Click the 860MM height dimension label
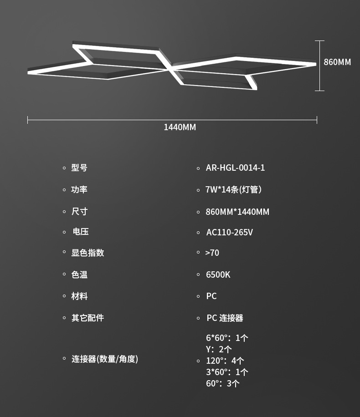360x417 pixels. pos(337,62)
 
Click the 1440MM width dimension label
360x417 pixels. pos(180,127)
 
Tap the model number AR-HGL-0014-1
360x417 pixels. pos(235,168)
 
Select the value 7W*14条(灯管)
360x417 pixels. pos(233,189)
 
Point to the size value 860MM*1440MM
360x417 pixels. pos(237,212)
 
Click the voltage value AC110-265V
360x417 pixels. pos(229,232)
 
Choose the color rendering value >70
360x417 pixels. pos(212,252)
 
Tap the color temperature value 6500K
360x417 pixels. pos(218,275)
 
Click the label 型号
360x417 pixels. pos(79,168)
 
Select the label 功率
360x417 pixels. pos(79,189)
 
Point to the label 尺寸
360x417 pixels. pos(79,211)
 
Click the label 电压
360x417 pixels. pos(81,231)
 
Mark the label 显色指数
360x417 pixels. pos(87,253)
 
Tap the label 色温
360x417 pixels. pos(79,275)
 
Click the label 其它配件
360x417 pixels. pos(87,318)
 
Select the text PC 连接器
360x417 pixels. pos(225,318)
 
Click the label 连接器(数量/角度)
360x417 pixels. pos(104,359)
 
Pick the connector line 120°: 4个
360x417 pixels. pos(225,361)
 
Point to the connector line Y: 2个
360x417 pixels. pos(219,349)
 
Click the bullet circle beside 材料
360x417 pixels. pos(64,296)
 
